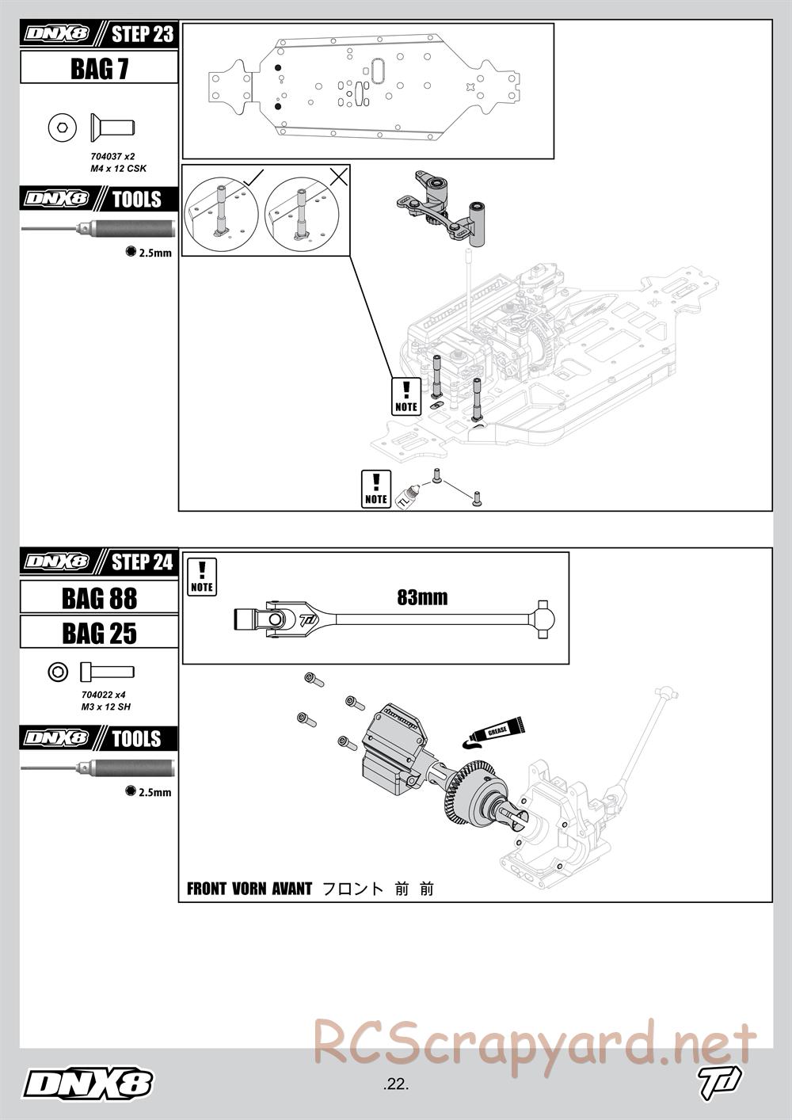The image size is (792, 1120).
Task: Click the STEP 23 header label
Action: pos(142,34)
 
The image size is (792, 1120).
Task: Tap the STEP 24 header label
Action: pos(142,562)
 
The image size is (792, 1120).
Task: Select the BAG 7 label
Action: pos(99,69)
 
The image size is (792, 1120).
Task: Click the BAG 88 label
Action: pos(99,598)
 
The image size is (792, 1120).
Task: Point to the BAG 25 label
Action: pos(99,633)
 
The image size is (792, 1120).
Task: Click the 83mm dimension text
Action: pos(422,597)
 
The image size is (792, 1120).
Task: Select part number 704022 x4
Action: pos(103,695)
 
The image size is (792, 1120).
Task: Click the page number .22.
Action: pos(394,1084)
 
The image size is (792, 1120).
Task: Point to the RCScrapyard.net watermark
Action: pos(535,1043)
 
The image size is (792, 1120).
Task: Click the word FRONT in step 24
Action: pos(207,889)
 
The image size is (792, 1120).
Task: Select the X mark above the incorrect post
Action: pos(338,177)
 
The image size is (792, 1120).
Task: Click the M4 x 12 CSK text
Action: pos(118,168)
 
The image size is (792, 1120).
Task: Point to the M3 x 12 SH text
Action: pos(105,706)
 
